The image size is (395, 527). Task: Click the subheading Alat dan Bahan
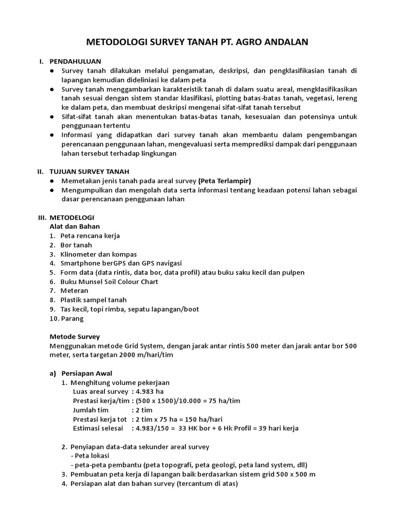coord(75,226)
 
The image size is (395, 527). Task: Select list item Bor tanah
coord(76,245)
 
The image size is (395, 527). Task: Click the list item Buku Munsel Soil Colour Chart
coord(109,282)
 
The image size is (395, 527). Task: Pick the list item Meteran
coord(74,291)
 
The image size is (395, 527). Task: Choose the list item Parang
coord(72,319)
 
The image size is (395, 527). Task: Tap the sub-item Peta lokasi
coord(91,456)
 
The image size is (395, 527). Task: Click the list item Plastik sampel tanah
coord(93,300)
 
